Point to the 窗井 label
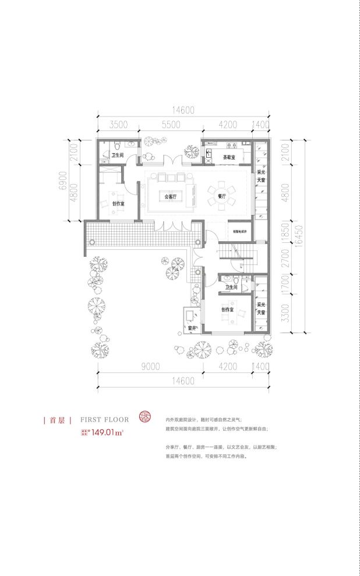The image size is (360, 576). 192,328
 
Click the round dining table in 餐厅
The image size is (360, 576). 222,196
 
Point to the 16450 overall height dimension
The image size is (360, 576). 301,236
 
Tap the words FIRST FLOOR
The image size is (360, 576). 104,419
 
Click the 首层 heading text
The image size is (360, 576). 57,419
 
